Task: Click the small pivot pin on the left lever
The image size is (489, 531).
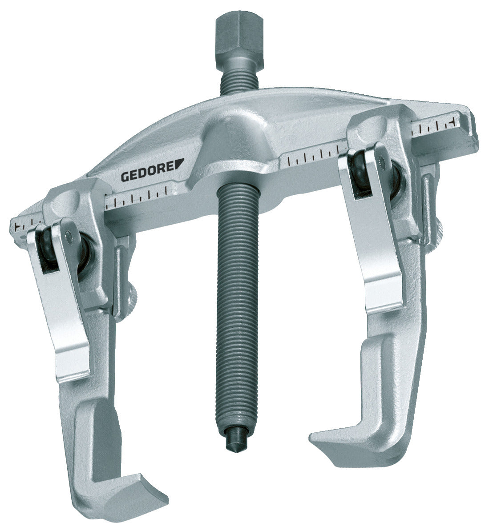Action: coord(67,233)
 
